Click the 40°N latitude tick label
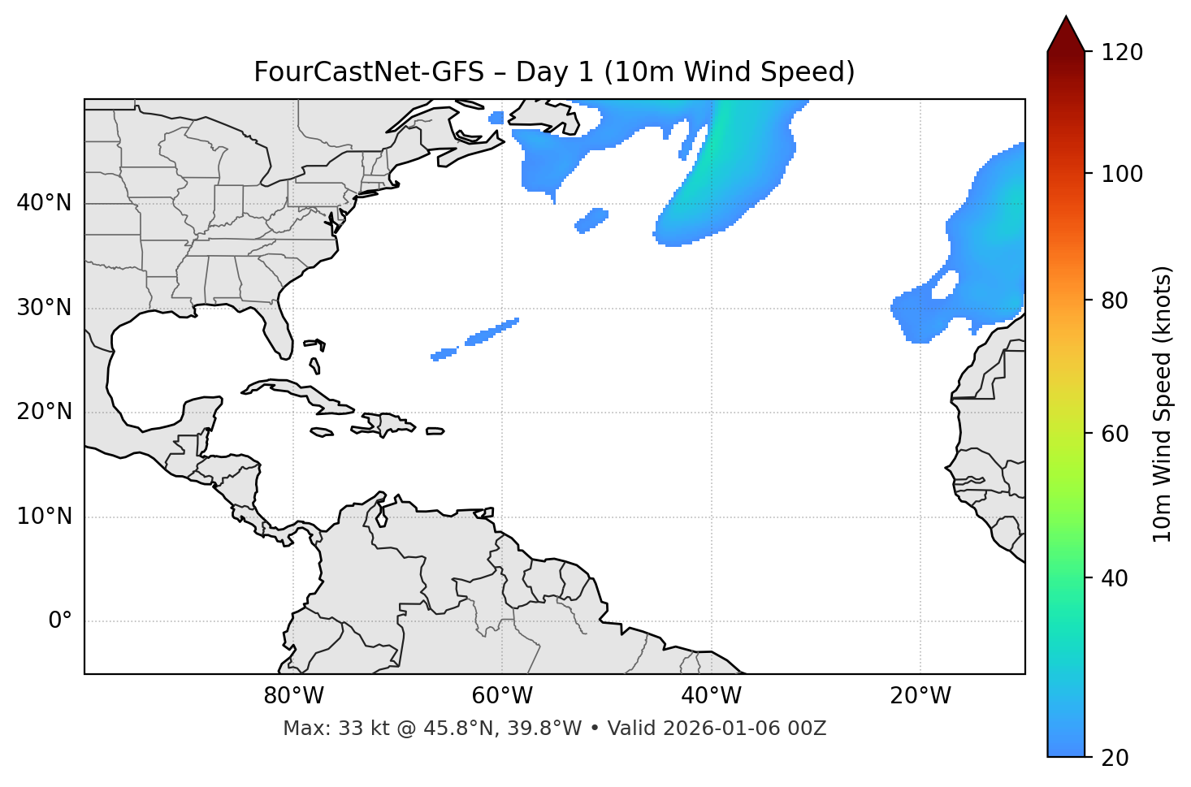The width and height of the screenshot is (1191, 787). (x=44, y=203)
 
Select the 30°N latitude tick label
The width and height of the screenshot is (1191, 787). (x=44, y=308)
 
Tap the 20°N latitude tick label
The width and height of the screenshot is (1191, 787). (x=44, y=413)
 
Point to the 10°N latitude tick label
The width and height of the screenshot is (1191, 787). (x=44, y=517)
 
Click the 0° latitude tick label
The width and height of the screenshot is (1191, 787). (x=60, y=621)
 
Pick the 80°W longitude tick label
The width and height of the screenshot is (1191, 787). (x=293, y=696)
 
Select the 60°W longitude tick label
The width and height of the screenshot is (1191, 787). (x=502, y=696)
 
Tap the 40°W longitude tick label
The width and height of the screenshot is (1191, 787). (x=711, y=696)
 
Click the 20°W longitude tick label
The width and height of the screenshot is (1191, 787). (x=920, y=696)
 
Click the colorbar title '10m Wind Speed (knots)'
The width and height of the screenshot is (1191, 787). (x=1163, y=404)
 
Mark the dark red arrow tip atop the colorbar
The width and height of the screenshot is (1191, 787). (x=1066, y=32)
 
